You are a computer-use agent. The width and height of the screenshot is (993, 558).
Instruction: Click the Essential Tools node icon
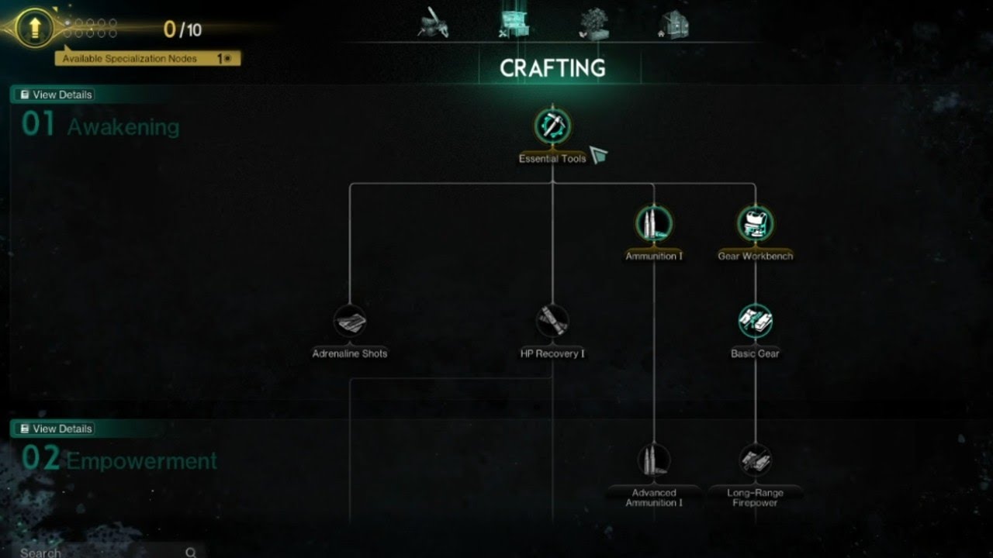pos(552,126)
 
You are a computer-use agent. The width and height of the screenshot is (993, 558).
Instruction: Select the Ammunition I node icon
pos(654,223)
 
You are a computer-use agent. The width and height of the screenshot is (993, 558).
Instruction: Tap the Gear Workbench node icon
pos(755,223)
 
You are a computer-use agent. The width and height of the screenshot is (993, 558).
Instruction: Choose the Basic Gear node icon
pos(755,321)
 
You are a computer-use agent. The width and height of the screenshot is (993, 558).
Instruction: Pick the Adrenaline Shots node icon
pos(350,321)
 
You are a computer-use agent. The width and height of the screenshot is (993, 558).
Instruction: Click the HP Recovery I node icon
pos(552,321)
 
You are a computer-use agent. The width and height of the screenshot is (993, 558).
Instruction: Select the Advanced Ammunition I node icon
pos(654,460)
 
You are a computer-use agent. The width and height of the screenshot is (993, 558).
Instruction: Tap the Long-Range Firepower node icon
pos(755,460)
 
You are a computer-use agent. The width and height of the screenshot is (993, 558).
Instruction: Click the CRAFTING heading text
pos(552,68)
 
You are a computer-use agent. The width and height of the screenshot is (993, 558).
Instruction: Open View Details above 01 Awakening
pos(56,95)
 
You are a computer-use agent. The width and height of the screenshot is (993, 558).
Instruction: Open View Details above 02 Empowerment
pos(56,429)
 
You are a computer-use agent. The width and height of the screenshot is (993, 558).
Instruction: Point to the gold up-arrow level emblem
pos(34,29)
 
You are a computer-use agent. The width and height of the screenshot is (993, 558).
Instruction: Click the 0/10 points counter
pos(182,29)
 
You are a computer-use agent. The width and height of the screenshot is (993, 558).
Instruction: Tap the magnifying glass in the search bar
pos(191,553)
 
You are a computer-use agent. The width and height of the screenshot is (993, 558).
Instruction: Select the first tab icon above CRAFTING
pos(432,22)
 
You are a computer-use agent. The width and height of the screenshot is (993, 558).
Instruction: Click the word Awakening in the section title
pos(123,127)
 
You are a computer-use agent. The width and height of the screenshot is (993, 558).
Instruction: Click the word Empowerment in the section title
pos(142,461)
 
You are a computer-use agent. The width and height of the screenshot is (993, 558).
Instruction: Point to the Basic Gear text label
pos(755,353)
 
